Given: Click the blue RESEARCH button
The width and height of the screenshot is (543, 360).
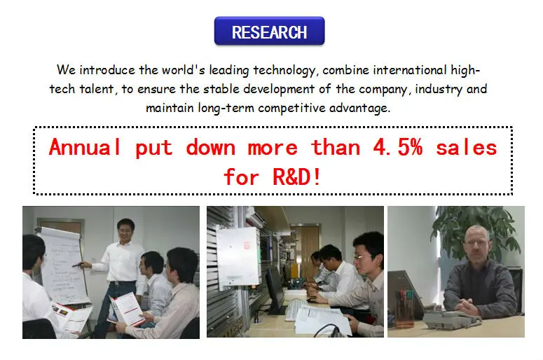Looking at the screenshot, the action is click(270, 31).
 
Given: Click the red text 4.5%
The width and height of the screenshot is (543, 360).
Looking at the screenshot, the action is click(398, 148).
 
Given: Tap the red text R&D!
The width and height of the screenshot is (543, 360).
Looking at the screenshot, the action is click(297, 177).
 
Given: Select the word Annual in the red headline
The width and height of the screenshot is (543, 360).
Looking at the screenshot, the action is click(85, 147).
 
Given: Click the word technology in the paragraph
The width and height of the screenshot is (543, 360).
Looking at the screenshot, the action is click(284, 71).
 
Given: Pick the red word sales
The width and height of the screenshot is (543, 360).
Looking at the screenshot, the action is click(467, 148).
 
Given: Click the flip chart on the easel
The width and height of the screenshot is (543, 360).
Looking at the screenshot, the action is click(63, 266).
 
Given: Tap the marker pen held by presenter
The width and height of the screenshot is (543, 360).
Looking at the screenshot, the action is click(78, 265).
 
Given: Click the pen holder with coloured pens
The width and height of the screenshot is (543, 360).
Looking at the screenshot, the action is click(405, 309).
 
